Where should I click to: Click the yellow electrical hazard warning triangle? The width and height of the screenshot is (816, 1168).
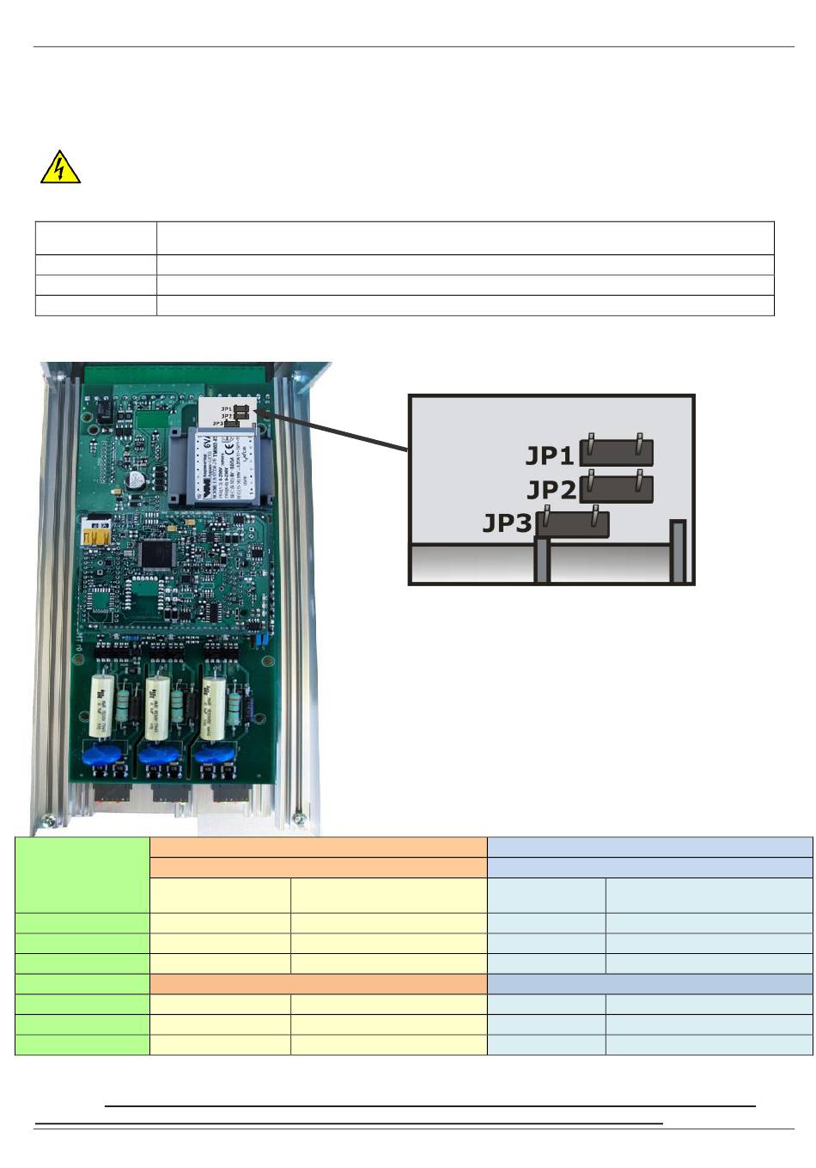click(x=60, y=168)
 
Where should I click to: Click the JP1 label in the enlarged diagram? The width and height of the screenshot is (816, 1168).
click(x=549, y=455)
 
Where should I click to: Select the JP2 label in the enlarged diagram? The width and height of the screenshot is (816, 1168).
click(x=551, y=490)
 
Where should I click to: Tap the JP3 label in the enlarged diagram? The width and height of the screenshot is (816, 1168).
click(x=507, y=523)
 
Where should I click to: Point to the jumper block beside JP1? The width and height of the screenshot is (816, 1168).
click(x=617, y=452)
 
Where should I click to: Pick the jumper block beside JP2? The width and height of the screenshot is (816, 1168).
click(x=617, y=488)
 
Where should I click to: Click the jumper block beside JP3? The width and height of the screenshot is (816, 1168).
click(x=573, y=524)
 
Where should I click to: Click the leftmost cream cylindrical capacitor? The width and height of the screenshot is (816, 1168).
click(x=102, y=707)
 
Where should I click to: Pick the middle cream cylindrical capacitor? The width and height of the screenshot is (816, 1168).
click(x=157, y=707)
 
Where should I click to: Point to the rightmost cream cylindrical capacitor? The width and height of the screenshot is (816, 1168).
click(x=213, y=707)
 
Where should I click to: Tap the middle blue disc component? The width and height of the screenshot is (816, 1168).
click(x=158, y=755)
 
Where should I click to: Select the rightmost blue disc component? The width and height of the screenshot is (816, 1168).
click(x=212, y=755)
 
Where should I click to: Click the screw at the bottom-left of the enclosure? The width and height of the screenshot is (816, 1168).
click(x=50, y=820)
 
